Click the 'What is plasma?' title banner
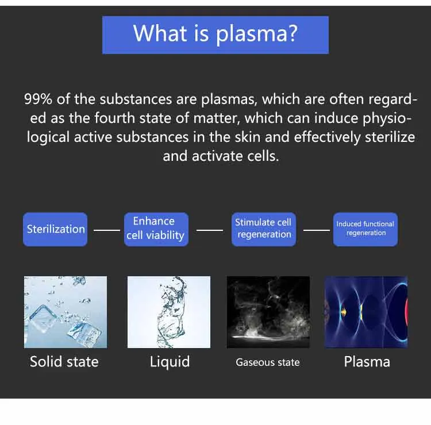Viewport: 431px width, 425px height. coord(215,34)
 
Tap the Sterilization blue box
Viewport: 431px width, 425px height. coord(55,229)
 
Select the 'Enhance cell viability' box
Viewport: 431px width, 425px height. coord(155,229)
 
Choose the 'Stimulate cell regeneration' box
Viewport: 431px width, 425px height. coord(264,229)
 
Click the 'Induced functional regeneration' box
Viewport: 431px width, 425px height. coord(365,229)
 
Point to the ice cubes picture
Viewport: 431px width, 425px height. coord(66,312)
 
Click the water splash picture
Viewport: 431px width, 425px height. coord(169,312)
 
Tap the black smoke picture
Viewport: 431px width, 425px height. coord(268,312)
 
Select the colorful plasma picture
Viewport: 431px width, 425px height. coord(366,312)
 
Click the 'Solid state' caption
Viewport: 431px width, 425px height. coord(64,362)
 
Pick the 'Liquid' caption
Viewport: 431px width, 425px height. coord(170,362)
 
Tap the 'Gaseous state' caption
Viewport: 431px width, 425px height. coord(268,362)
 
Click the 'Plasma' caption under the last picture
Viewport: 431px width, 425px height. coord(367,362)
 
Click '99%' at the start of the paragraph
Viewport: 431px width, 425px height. coord(38,99)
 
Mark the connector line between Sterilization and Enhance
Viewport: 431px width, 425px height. coord(107,230)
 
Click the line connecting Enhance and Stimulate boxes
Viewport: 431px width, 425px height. coord(210,230)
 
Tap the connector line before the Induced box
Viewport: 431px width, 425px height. coord(317,230)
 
